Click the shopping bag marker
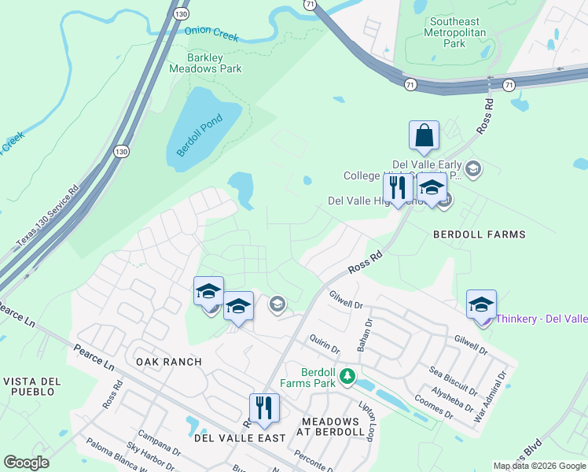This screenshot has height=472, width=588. click(424, 137)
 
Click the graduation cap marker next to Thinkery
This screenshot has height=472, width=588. click(481, 304)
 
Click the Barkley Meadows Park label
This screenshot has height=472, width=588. click(205, 63)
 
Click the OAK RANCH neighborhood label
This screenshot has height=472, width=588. click(168, 362)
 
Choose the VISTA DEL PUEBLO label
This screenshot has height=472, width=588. click(31, 386)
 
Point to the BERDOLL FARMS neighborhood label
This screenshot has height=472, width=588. click(480, 234)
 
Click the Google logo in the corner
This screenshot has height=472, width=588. click(26, 462)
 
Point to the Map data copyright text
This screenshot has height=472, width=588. click(539, 466)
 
